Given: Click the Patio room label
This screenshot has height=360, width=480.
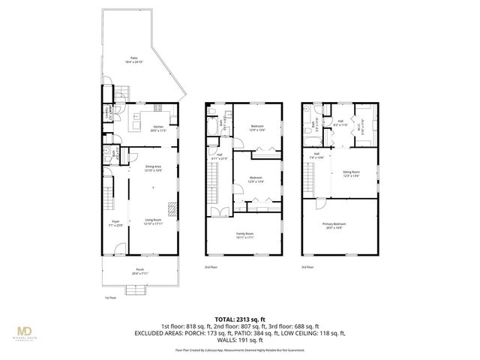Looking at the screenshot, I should click(134, 59).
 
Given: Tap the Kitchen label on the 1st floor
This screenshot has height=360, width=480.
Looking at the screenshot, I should click(158, 128).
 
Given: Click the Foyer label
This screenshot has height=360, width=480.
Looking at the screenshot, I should click(115, 223).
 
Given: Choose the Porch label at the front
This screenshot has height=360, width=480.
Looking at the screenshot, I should click(139, 271).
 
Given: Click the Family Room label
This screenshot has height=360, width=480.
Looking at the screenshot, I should click(244, 236).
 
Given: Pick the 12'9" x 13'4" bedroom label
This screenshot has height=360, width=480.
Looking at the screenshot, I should click(257, 179).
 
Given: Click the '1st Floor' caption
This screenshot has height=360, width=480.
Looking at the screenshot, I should click(110, 298).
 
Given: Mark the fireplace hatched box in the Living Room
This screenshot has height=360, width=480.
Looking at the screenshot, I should click(173, 209).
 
